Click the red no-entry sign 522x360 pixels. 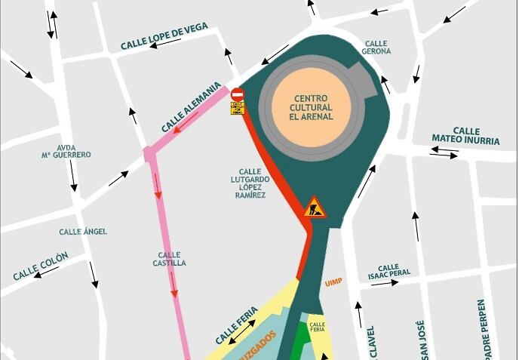(238, 94)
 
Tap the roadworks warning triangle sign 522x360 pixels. (315, 208)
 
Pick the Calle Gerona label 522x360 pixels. (377, 48)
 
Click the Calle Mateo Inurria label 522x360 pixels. (456, 134)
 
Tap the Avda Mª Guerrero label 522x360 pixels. (66, 151)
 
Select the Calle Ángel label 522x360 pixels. (83, 231)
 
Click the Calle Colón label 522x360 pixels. (40, 266)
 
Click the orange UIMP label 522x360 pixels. (333, 283)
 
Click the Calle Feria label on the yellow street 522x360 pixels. (237, 325)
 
